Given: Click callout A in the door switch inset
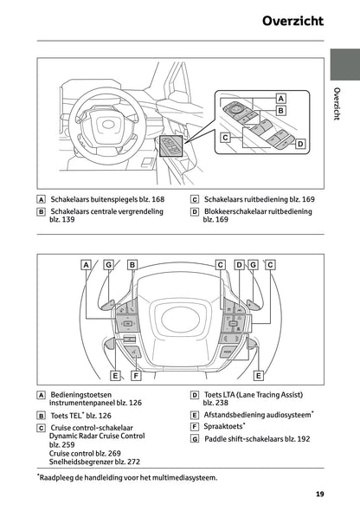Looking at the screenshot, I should (x=280, y=98).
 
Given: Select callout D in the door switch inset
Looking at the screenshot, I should (x=300, y=145).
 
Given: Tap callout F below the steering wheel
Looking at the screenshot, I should (x=136, y=376).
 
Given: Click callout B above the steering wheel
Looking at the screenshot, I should (x=132, y=264).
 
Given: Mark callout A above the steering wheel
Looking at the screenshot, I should (x=87, y=264).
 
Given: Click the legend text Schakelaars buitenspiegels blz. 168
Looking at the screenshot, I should (x=107, y=199).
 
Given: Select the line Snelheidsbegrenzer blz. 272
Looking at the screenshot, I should (x=94, y=462).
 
